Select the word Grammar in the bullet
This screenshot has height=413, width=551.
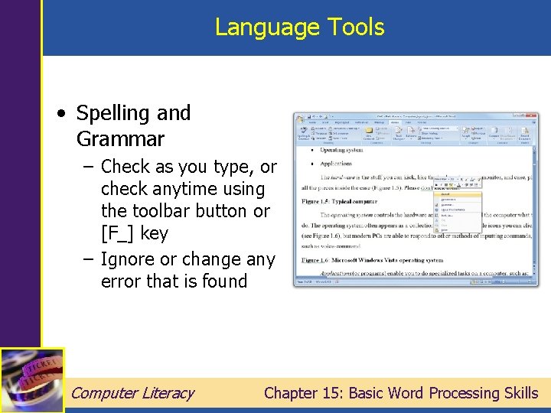[x=120, y=139]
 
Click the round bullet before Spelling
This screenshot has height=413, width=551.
[x=61, y=113]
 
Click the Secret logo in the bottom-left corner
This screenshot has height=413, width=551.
[x=31, y=380]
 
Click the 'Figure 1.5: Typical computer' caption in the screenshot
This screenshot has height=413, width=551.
[x=330, y=201]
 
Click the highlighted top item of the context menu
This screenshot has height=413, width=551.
[x=458, y=193]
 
